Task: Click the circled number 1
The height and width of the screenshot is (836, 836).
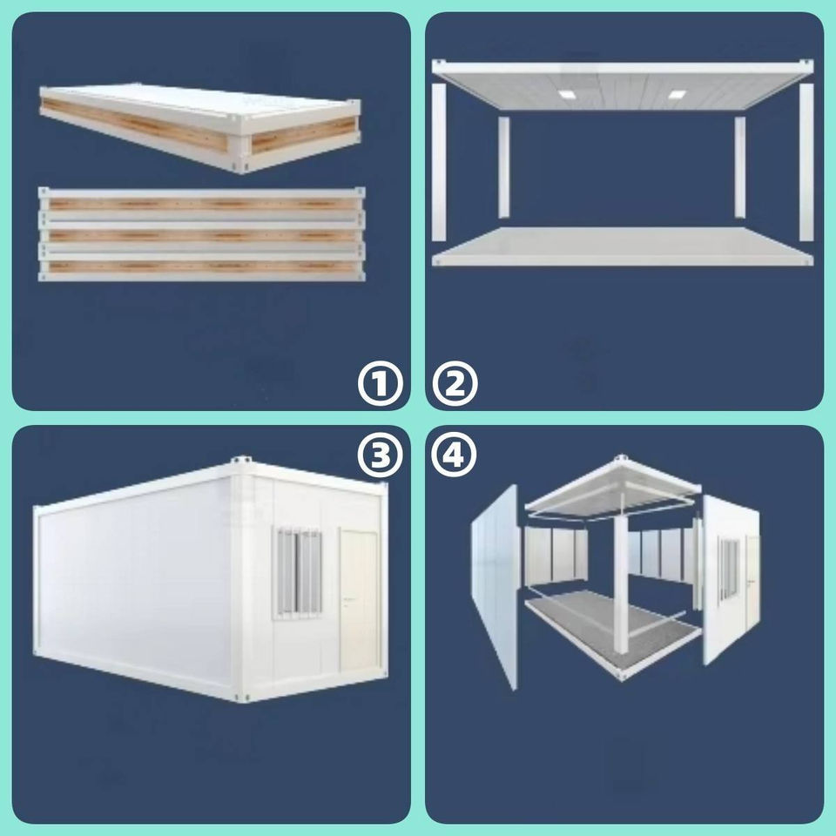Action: (380, 383)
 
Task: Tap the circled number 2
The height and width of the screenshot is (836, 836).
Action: (455, 383)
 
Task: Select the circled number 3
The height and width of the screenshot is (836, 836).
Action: (380, 455)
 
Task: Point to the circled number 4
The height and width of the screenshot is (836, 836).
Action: (455, 455)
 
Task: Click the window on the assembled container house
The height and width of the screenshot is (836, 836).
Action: (298, 573)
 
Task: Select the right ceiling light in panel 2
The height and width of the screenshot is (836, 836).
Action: (677, 94)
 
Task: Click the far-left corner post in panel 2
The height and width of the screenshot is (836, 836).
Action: (439, 162)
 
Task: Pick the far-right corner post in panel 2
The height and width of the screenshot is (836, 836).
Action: (806, 162)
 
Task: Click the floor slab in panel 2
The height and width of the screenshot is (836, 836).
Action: (622, 246)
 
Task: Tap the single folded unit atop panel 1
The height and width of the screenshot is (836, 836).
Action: (200, 127)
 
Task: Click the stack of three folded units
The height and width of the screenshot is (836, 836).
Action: (201, 234)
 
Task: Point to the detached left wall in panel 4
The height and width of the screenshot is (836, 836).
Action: (495, 586)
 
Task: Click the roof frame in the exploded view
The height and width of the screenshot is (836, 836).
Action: (613, 489)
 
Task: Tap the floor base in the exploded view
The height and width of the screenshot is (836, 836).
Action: (613, 635)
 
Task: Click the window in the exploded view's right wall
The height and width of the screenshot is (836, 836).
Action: (729, 569)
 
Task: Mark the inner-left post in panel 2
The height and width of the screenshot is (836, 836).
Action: (503, 167)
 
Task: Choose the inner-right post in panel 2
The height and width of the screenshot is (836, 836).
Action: (739, 167)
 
